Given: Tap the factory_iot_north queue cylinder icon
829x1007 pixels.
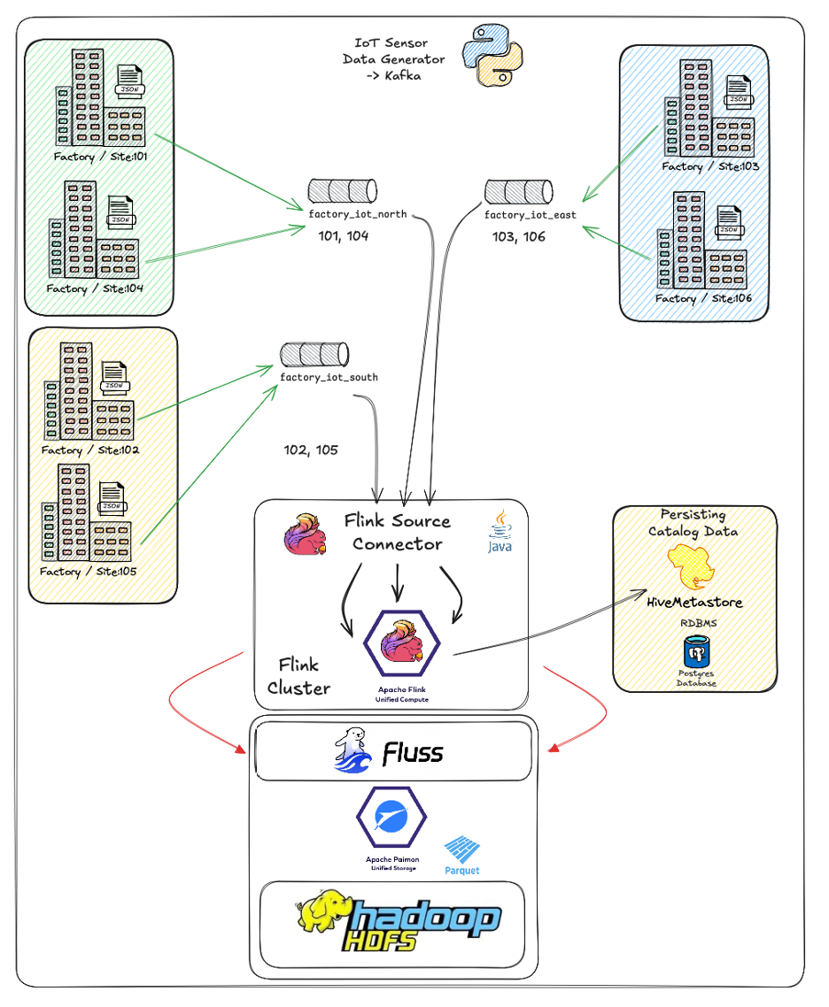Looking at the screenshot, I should coord(343,190).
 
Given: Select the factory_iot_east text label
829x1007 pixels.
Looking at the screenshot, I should coord(530,215).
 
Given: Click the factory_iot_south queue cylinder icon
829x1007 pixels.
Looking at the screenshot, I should coord(315,355).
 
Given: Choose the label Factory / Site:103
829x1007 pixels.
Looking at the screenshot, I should coord(711,166).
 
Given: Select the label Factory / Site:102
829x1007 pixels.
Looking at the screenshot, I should coord(90,450).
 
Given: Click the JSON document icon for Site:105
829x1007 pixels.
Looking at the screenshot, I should coord(111,499).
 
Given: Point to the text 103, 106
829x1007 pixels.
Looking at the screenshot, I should coord(519,237).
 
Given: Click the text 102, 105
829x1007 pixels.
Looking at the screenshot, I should coord(311,450).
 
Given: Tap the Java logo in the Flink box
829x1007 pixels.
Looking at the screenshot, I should coord(500,531).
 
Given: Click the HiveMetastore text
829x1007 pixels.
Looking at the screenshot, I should coord(693,603).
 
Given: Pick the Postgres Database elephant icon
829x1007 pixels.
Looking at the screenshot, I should coord(698,655).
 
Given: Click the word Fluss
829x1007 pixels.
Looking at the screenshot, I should coord(413,754).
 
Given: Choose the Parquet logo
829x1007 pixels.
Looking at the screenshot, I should coord(461,855).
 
